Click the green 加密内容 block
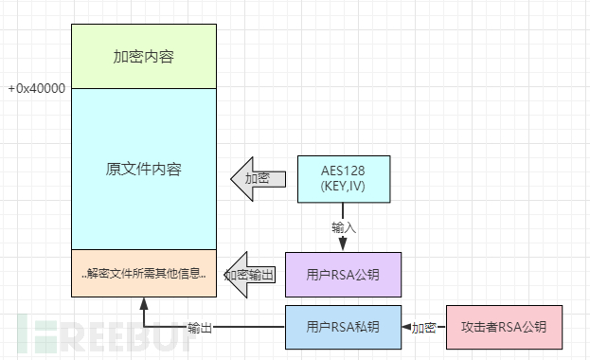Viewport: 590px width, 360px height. point(143,56)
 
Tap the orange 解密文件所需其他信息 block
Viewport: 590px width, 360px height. point(143,275)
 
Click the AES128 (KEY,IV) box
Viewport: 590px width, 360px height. point(343,177)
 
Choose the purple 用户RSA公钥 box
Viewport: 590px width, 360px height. point(343,275)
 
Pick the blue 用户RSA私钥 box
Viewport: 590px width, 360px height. point(343,327)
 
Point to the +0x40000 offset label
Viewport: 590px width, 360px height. point(36,88)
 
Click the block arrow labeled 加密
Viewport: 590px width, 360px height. point(258,178)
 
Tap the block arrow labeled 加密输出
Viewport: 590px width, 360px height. point(252,275)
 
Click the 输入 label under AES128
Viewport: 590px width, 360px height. point(344,227)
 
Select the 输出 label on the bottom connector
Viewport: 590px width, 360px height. point(199,328)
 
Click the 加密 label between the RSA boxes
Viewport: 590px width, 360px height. point(423,328)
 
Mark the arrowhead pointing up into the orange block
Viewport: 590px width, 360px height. point(143,303)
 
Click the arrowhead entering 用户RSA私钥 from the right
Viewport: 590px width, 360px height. point(405,328)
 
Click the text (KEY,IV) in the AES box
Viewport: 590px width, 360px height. point(343,186)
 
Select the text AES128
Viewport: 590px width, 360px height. point(343,170)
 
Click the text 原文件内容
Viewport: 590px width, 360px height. point(143,170)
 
